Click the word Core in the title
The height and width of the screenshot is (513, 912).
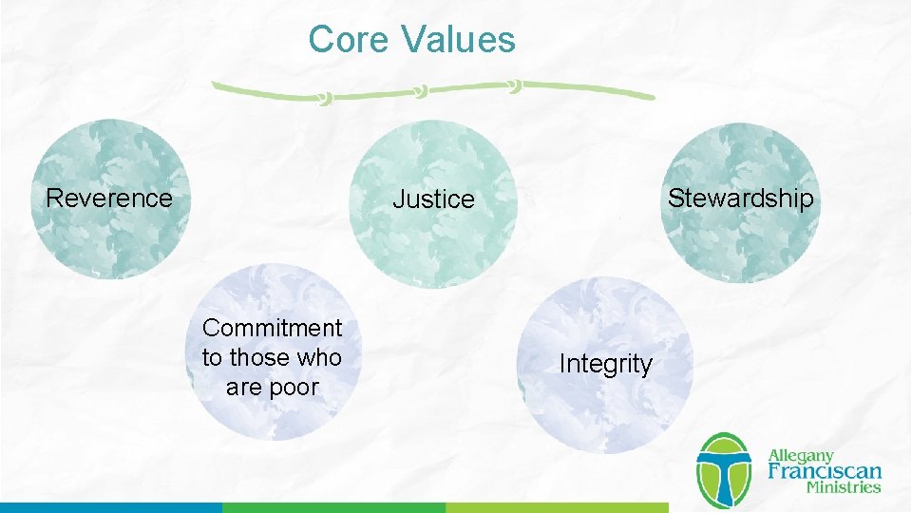coord(349,40)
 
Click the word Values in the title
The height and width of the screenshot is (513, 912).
coord(458,40)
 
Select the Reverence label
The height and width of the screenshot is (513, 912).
coord(109,198)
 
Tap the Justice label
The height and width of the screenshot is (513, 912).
coord(433,199)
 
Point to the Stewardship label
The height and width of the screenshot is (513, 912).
coord(740,198)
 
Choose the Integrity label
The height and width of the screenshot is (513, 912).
coord(605,364)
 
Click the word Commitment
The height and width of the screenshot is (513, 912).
coord(272,328)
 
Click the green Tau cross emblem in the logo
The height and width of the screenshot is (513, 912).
coord(724,471)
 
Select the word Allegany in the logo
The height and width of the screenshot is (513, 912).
coord(800,455)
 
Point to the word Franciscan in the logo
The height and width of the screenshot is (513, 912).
coord(824,471)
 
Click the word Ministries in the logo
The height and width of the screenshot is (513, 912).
coord(843,487)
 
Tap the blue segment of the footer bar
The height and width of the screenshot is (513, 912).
coord(110,507)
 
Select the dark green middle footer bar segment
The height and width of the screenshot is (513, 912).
coord(333,507)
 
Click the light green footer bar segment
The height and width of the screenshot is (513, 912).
coord(557,507)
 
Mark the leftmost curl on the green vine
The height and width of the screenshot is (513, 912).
coord(325,98)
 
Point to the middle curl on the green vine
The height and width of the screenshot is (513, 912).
coord(419,91)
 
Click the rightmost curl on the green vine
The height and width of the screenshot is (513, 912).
coord(514,86)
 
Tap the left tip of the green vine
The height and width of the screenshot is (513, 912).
coord(215,85)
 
